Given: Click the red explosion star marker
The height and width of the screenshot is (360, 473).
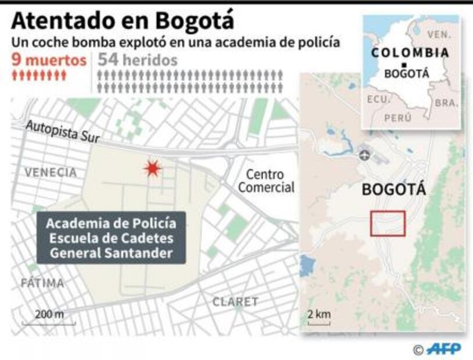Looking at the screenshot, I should click(x=152, y=168).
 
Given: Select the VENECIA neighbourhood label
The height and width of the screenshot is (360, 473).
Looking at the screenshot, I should click(x=51, y=172).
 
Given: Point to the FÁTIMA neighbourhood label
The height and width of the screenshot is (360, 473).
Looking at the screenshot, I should click(x=42, y=283).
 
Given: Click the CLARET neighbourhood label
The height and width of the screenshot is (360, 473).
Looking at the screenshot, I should click(x=235, y=302).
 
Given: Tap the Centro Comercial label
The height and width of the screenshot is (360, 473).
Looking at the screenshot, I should click(x=267, y=181).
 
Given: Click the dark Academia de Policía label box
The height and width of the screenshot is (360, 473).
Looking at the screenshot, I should click(x=111, y=238).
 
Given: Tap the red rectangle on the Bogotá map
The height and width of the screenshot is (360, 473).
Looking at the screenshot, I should click(x=388, y=224).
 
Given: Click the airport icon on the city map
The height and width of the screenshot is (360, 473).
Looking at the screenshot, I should click(x=364, y=156).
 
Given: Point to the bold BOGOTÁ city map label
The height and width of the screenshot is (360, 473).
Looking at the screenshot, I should click(x=393, y=190).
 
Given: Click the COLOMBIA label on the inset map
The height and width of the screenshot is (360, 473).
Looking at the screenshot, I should click(x=410, y=53).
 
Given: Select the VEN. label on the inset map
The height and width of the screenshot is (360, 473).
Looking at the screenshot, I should click(x=438, y=35).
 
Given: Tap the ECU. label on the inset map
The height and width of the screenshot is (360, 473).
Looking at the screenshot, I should click(x=377, y=99).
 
